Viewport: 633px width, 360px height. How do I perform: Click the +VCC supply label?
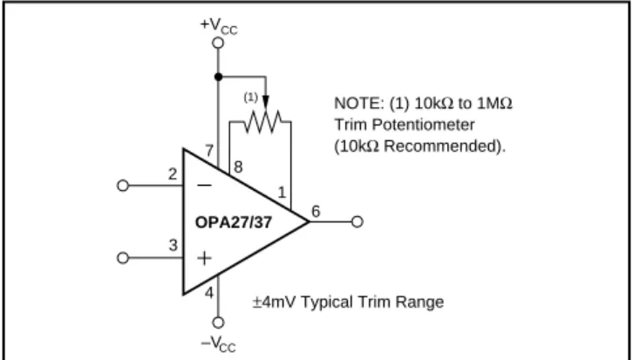click(x=219, y=26)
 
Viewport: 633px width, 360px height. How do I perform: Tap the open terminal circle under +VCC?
click(x=218, y=43)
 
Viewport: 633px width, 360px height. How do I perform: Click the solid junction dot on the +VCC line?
click(x=218, y=77)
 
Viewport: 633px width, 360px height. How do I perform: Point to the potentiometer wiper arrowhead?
click(x=265, y=102)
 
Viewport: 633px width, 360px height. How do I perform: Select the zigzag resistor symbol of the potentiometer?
click(x=263, y=121)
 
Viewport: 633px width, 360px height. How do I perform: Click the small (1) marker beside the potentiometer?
click(x=251, y=98)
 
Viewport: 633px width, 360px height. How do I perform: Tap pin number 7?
click(x=209, y=151)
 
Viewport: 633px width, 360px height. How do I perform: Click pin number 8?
click(x=238, y=166)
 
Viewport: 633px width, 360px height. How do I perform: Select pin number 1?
click(x=282, y=193)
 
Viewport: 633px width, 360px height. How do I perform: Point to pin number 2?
click(x=173, y=174)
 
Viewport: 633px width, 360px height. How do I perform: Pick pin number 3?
click(x=174, y=245)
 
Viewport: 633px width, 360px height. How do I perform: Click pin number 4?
click(x=209, y=293)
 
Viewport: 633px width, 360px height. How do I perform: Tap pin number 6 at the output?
click(x=316, y=211)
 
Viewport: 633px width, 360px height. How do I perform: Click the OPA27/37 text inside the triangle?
click(x=234, y=222)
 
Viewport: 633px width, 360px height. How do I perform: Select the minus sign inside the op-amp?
click(x=204, y=186)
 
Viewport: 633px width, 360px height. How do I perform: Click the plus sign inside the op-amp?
click(x=204, y=258)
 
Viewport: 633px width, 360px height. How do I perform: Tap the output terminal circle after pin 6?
click(x=357, y=221)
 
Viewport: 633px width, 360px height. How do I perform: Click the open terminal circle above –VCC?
click(x=218, y=323)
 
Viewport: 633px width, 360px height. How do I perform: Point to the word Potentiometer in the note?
click(x=423, y=125)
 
